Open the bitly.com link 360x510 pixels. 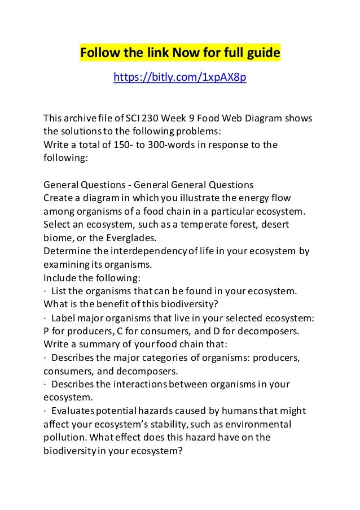click(x=180, y=77)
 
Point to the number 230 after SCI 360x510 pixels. click(x=148, y=119)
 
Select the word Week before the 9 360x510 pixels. click(x=172, y=119)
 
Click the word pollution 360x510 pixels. click(x=66, y=437)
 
